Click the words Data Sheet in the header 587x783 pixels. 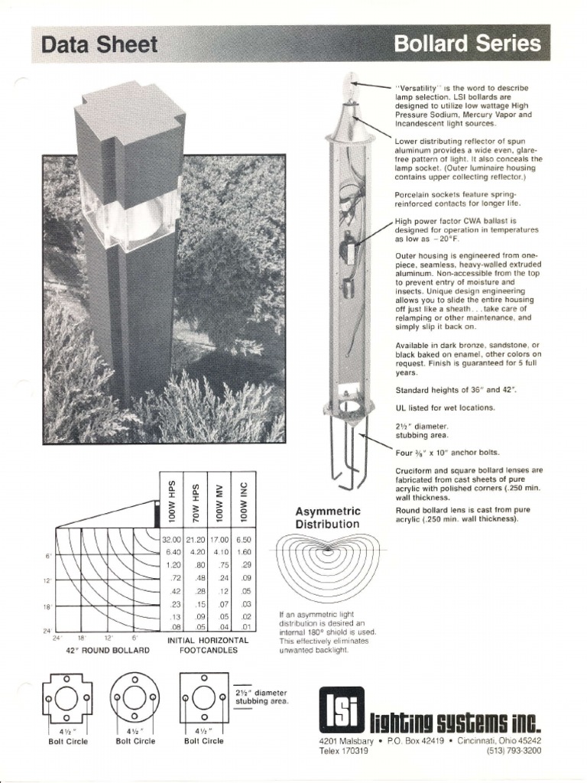click(100, 45)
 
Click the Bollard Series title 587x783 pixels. click(467, 44)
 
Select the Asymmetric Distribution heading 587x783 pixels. click(329, 518)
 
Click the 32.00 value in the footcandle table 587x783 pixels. click(172, 540)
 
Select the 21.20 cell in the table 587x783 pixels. click(196, 540)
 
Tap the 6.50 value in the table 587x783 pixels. click(243, 540)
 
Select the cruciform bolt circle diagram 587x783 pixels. click(67, 698)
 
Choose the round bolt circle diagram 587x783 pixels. click(135, 698)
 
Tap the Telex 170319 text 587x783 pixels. click(344, 751)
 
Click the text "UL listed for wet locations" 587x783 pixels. click(445, 408)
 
